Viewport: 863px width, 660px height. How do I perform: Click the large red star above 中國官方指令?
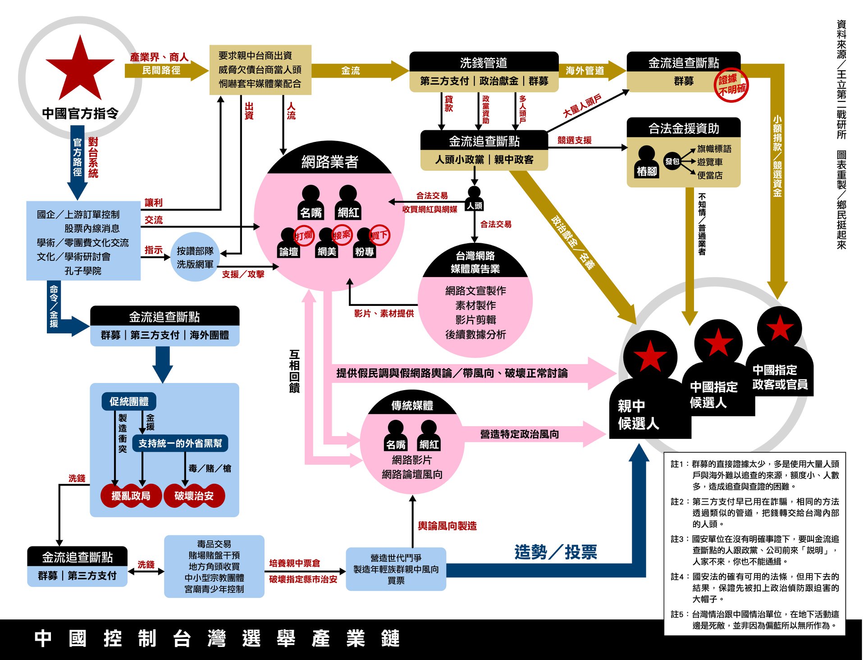click(x=80, y=70)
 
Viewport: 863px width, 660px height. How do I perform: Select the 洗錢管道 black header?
click(x=484, y=63)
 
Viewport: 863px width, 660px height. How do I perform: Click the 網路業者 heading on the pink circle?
click(x=329, y=162)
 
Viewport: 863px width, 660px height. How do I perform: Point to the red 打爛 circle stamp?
click(x=304, y=236)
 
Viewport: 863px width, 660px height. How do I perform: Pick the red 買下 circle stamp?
click(x=379, y=235)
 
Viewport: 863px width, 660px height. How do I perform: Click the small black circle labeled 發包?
click(x=672, y=161)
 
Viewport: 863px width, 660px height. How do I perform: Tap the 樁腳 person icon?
click(x=647, y=162)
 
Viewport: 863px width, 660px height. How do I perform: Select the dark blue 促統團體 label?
click(x=129, y=401)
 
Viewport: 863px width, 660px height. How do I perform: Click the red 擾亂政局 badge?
click(x=131, y=496)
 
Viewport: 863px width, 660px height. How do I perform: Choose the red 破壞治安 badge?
click(x=194, y=496)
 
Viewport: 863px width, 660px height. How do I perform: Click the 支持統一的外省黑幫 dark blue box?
click(x=180, y=443)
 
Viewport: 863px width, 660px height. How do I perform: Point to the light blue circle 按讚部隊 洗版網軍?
click(x=195, y=257)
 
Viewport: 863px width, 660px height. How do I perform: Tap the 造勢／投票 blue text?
click(x=555, y=552)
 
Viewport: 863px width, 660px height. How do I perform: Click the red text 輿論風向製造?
click(x=447, y=526)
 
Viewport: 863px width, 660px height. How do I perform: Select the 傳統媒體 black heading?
click(x=412, y=405)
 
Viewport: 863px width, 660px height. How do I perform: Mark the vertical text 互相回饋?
click(x=294, y=371)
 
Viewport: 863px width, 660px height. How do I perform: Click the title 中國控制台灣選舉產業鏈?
click(x=217, y=638)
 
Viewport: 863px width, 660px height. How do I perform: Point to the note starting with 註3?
click(x=754, y=550)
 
